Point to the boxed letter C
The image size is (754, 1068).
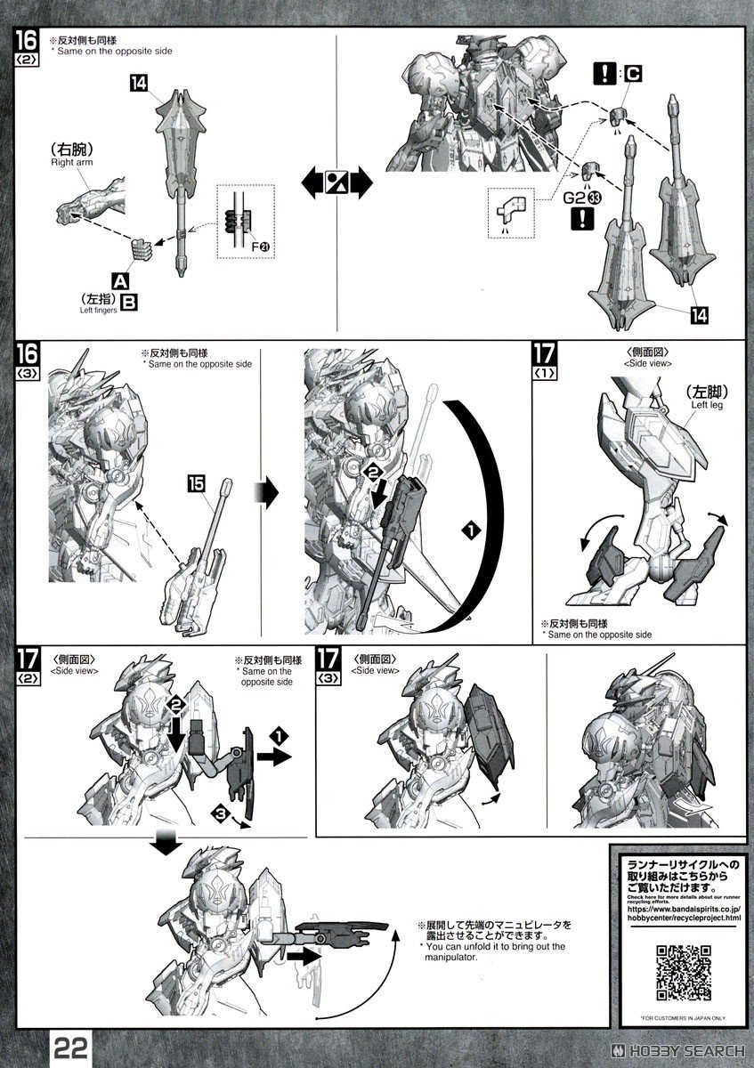pos(631,75)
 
